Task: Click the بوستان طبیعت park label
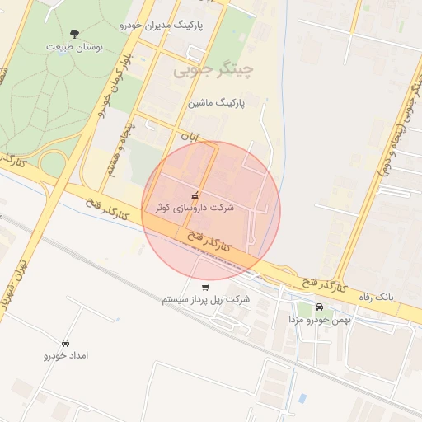point(75,47)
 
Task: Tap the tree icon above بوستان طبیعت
point(75,34)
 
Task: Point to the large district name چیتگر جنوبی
point(211,72)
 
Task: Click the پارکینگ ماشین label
point(219,105)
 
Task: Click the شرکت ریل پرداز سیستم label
point(205,299)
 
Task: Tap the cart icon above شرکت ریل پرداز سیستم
point(204,287)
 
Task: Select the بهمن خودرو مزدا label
point(319,318)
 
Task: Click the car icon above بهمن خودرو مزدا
point(319,307)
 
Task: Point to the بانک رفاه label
point(377,295)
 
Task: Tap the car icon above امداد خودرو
point(64,342)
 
